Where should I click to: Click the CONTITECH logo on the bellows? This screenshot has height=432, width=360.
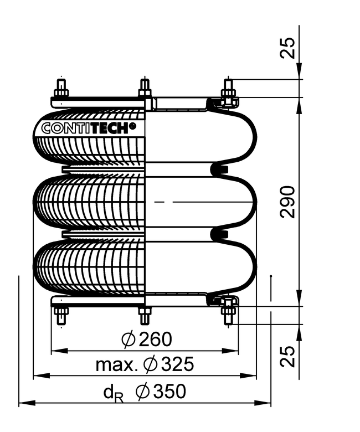[89, 128]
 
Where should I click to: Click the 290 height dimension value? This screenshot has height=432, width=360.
[287, 202]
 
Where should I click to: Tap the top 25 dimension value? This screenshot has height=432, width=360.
[287, 48]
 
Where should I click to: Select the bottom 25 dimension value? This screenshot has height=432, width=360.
[287, 357]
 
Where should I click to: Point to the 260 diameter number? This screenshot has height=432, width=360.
[155, 339]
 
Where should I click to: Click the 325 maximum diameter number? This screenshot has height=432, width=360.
[177, 364]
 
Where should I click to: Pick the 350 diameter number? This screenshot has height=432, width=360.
[169, 391]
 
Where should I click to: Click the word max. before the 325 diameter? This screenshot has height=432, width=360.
[116, 365]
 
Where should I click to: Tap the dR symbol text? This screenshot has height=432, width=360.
[113, 393]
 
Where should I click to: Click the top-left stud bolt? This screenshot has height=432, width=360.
[61, 88]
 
